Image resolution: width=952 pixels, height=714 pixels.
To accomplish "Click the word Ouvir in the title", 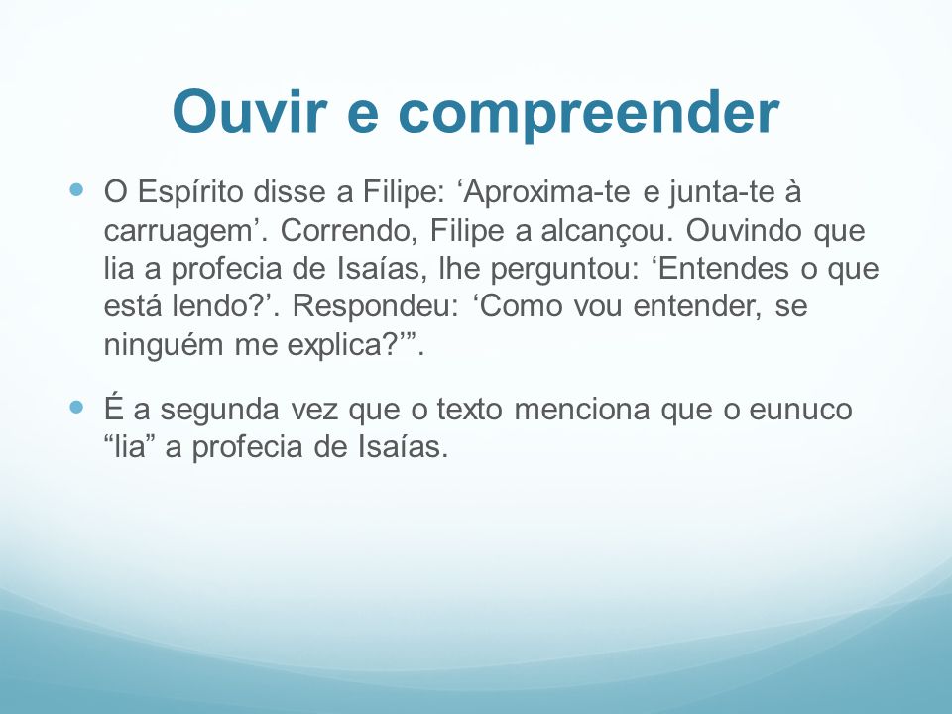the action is tap(250, 111).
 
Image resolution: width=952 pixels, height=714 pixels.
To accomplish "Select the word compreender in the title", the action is tap(588, 115).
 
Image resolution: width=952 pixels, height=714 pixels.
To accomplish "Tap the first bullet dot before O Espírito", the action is tap(76, 190).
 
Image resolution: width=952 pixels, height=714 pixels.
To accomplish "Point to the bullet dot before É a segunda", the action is tap(76, 407).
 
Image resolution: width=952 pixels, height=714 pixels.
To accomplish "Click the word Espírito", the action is tap(190, 193).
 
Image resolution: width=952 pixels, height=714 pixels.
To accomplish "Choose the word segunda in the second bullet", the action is tap(219, 411).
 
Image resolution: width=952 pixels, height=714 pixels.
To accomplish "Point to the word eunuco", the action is tap(801, 410).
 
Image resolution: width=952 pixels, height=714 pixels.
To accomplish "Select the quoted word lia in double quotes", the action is tap(127, 447).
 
